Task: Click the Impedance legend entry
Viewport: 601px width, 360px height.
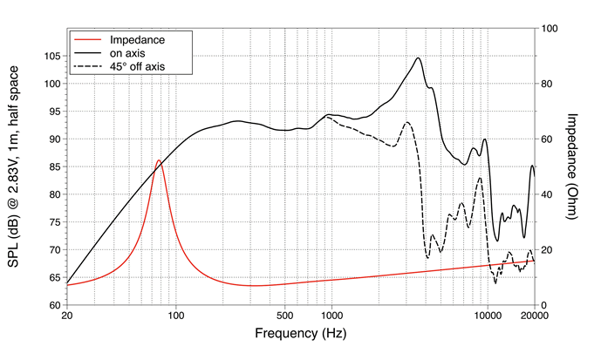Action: point(138,39)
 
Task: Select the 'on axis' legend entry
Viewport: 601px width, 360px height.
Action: point(129,52)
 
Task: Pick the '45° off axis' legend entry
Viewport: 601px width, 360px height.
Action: point(138,65)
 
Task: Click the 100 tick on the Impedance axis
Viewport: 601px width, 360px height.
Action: point(550,28)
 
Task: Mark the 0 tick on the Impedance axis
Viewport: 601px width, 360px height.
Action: point(544,305)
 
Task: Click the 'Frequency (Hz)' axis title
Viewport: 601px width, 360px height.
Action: point(300,334)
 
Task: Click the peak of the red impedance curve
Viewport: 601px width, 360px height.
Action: point(158,160)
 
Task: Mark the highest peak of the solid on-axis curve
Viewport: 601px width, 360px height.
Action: point(419,58)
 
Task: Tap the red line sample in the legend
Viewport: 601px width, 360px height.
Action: point(90,39)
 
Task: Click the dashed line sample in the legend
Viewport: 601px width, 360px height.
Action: point(90,65)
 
